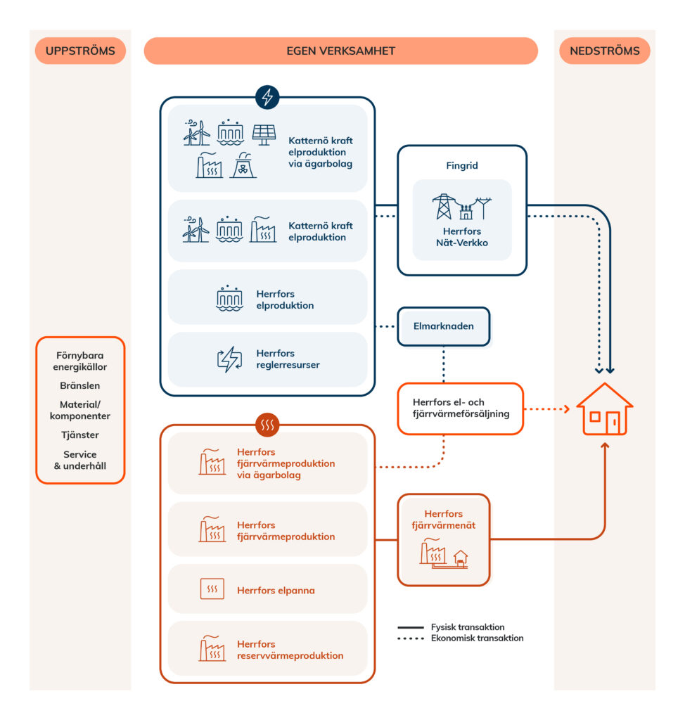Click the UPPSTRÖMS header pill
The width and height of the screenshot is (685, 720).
[x=80, y=51]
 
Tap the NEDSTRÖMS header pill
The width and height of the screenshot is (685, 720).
[x=604, y=51]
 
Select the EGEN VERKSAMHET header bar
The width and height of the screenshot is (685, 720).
[x=340, y=51]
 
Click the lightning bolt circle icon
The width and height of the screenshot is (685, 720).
[x=267, y=97]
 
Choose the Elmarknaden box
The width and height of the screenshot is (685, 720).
[x=443, y=326]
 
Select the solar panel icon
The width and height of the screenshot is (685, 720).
[x=264, y=134]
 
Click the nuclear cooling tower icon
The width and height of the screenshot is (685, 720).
[x=243, y=165]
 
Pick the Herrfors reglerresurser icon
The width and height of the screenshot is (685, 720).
[x=229, y=359]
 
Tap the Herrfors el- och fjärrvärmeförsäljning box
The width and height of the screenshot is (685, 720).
[x=460, y=409]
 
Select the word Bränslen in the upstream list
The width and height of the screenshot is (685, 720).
[x=79, y=385]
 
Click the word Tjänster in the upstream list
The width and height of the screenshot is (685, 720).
[x=79, y=435]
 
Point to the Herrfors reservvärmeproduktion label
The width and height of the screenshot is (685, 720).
[x=290, y=650]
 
